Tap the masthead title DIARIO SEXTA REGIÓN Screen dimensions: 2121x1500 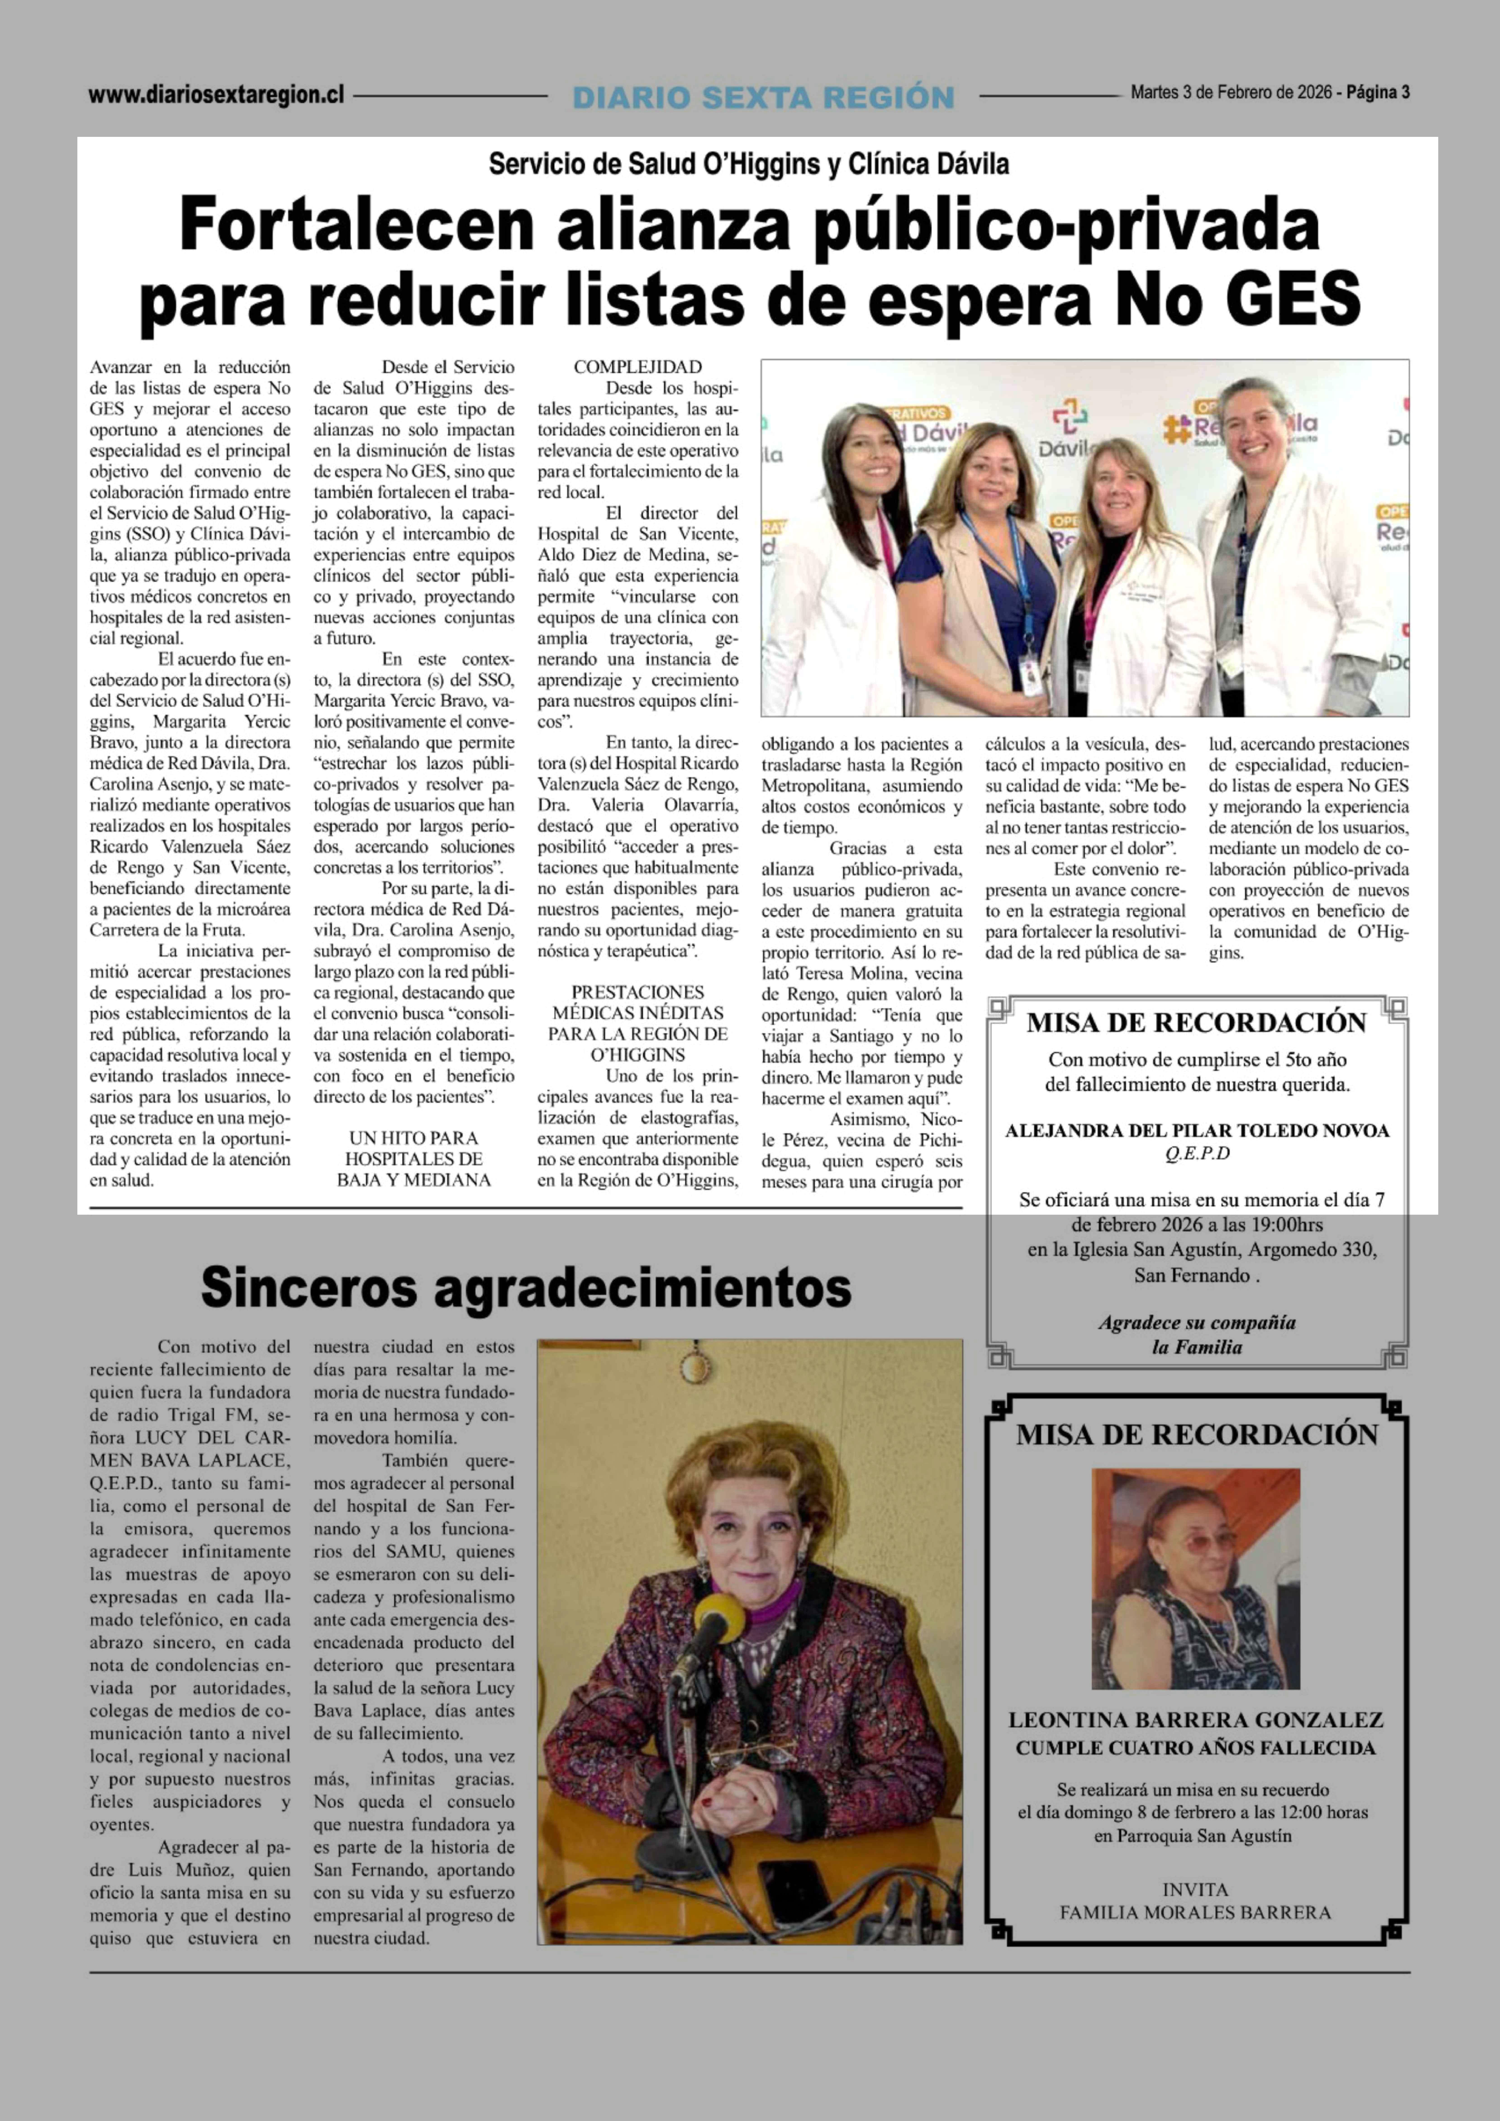coord(763,97)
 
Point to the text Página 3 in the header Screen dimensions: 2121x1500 coord(1377,92)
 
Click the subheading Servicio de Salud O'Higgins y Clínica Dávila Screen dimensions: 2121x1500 coord(748,164)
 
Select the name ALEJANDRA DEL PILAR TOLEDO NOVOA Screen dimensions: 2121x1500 coord(1197,1131)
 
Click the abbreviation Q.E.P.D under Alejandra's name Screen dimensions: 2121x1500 coord(1197,1154)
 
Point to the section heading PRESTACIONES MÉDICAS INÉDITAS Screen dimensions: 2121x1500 coord(637,1002)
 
